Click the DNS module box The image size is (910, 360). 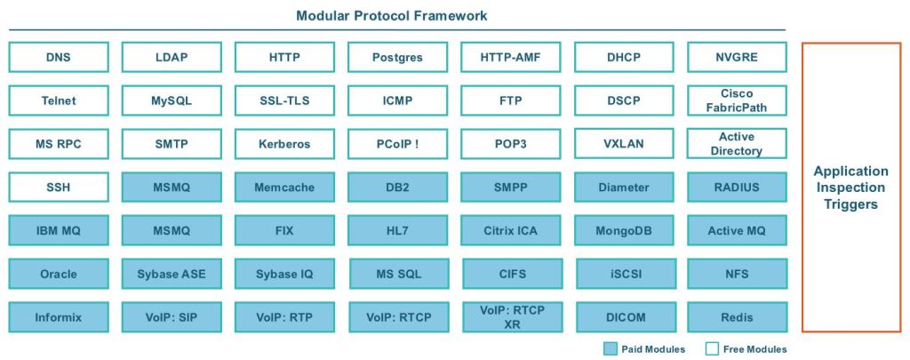pos(58,58)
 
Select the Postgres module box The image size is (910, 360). pos(397,58)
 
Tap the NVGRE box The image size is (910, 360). pos(737,58)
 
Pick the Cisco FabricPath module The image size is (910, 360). pos(737,100)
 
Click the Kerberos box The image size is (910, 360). pos(284,144)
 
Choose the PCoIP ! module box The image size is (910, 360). pos(397,144)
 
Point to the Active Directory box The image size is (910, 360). pos(737,144)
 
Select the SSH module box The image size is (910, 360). pos(58,187)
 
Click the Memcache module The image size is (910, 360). pos(284,187)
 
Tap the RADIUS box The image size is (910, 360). pos(737,187)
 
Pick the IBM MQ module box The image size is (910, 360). pos(58,230)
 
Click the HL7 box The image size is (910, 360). pos(397,230)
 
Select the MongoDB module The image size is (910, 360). pos(624,230)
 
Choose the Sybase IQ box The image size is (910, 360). pos(284,273)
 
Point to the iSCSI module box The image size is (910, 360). pos(624,273)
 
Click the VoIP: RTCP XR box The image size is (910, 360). pos(510,316)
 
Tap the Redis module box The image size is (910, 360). pos(737,316)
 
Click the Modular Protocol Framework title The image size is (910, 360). pos(392,15)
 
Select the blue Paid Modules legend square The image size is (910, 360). pos(609,349)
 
